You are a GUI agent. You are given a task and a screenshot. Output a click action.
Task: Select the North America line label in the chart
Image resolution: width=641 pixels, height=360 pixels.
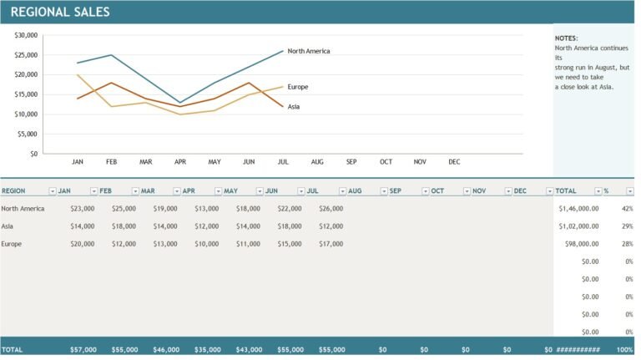pyautogui.click(x=308, y=51)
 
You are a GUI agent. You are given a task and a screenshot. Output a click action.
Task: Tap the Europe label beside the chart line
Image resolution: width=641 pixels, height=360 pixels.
pyautogui.click(x=298, y=87)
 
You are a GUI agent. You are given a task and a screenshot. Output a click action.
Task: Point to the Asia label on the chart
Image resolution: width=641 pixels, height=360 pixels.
pyautogui.click(x=294, y=107)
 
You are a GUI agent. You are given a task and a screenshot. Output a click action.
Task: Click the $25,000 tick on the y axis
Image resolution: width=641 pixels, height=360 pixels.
pyautogui.click(x=26, y=55)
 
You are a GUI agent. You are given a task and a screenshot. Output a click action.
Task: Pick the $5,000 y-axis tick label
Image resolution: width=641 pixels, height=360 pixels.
pyautogui.click(x=28, y=134)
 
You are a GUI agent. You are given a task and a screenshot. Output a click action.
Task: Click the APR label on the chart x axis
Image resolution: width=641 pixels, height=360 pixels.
pyautogui.click(x=180, y=161)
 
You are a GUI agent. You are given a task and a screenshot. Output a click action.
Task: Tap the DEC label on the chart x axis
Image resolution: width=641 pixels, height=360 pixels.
pyautogui.click(x=454, y=161)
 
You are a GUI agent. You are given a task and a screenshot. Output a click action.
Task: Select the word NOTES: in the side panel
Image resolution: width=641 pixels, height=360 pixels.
pyautogui.click(x=566, y=38)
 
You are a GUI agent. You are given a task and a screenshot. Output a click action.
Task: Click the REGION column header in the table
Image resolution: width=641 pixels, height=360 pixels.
pyautogui.click(x=14, y=191)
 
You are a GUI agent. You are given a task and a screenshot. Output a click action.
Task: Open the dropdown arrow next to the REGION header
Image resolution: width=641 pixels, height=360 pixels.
pyautogui.click(x=52, y=191)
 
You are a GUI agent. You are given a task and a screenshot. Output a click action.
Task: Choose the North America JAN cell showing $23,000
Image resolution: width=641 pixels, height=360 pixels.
pyautogui.click(x=83, y=209)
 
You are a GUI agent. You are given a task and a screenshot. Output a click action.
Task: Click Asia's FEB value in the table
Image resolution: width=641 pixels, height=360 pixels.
pyautogui.click(x=124, y=226)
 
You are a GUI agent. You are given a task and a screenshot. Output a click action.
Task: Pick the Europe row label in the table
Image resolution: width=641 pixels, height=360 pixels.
pyautogui.click(x=12, y=244)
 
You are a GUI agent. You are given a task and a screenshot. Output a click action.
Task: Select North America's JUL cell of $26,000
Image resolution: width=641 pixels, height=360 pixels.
pyautogui.click(x=331, y=209)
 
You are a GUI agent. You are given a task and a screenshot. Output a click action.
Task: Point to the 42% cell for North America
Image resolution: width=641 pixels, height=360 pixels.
pyautogui.click(x=627, y=209)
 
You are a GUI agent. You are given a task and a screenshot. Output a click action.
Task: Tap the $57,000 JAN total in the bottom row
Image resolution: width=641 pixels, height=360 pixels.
pyautogui.click(x=83, y=349)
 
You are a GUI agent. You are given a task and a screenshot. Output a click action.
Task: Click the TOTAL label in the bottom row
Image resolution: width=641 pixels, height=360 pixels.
pyautogui.click(x=13, y=349)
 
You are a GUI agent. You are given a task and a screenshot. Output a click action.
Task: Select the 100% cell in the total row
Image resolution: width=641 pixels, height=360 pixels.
pyautogui.click(x=624, y=349)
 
